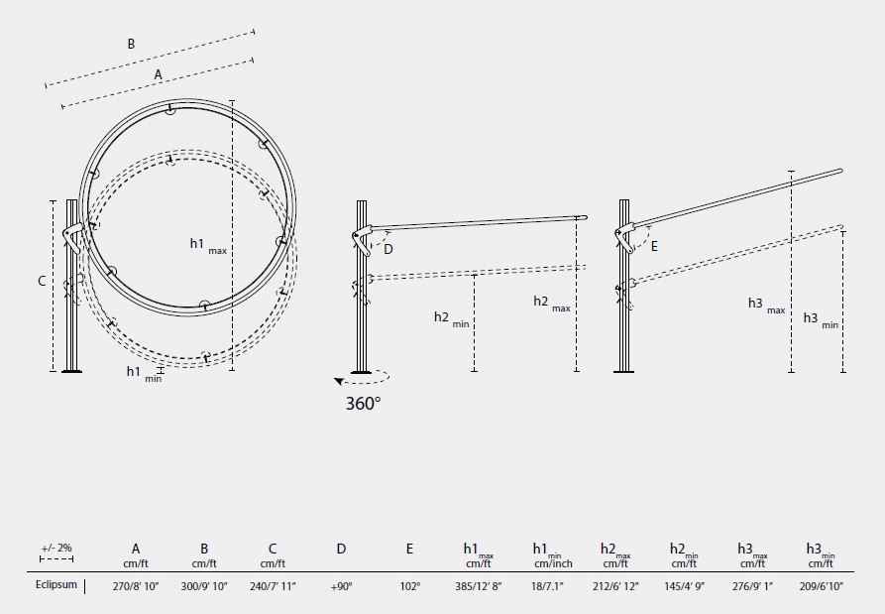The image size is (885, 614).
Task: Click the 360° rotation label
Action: [x=363, y=404]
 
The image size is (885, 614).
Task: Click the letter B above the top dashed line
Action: [x=131, y=44]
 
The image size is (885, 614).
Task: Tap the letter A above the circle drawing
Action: [x=158, y=74]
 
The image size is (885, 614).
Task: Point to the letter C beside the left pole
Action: [x=42, y=281]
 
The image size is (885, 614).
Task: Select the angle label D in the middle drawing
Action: [x=388, y=249]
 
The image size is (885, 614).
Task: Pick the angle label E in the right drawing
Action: [x=654, y=246]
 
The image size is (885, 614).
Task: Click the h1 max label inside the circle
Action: [x=208, y=245]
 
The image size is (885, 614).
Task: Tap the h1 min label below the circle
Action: [x=144, y=373]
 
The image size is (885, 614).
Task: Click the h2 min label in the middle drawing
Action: [x=452, y=318]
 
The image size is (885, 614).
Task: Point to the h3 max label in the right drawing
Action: [x=766, y=306]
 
